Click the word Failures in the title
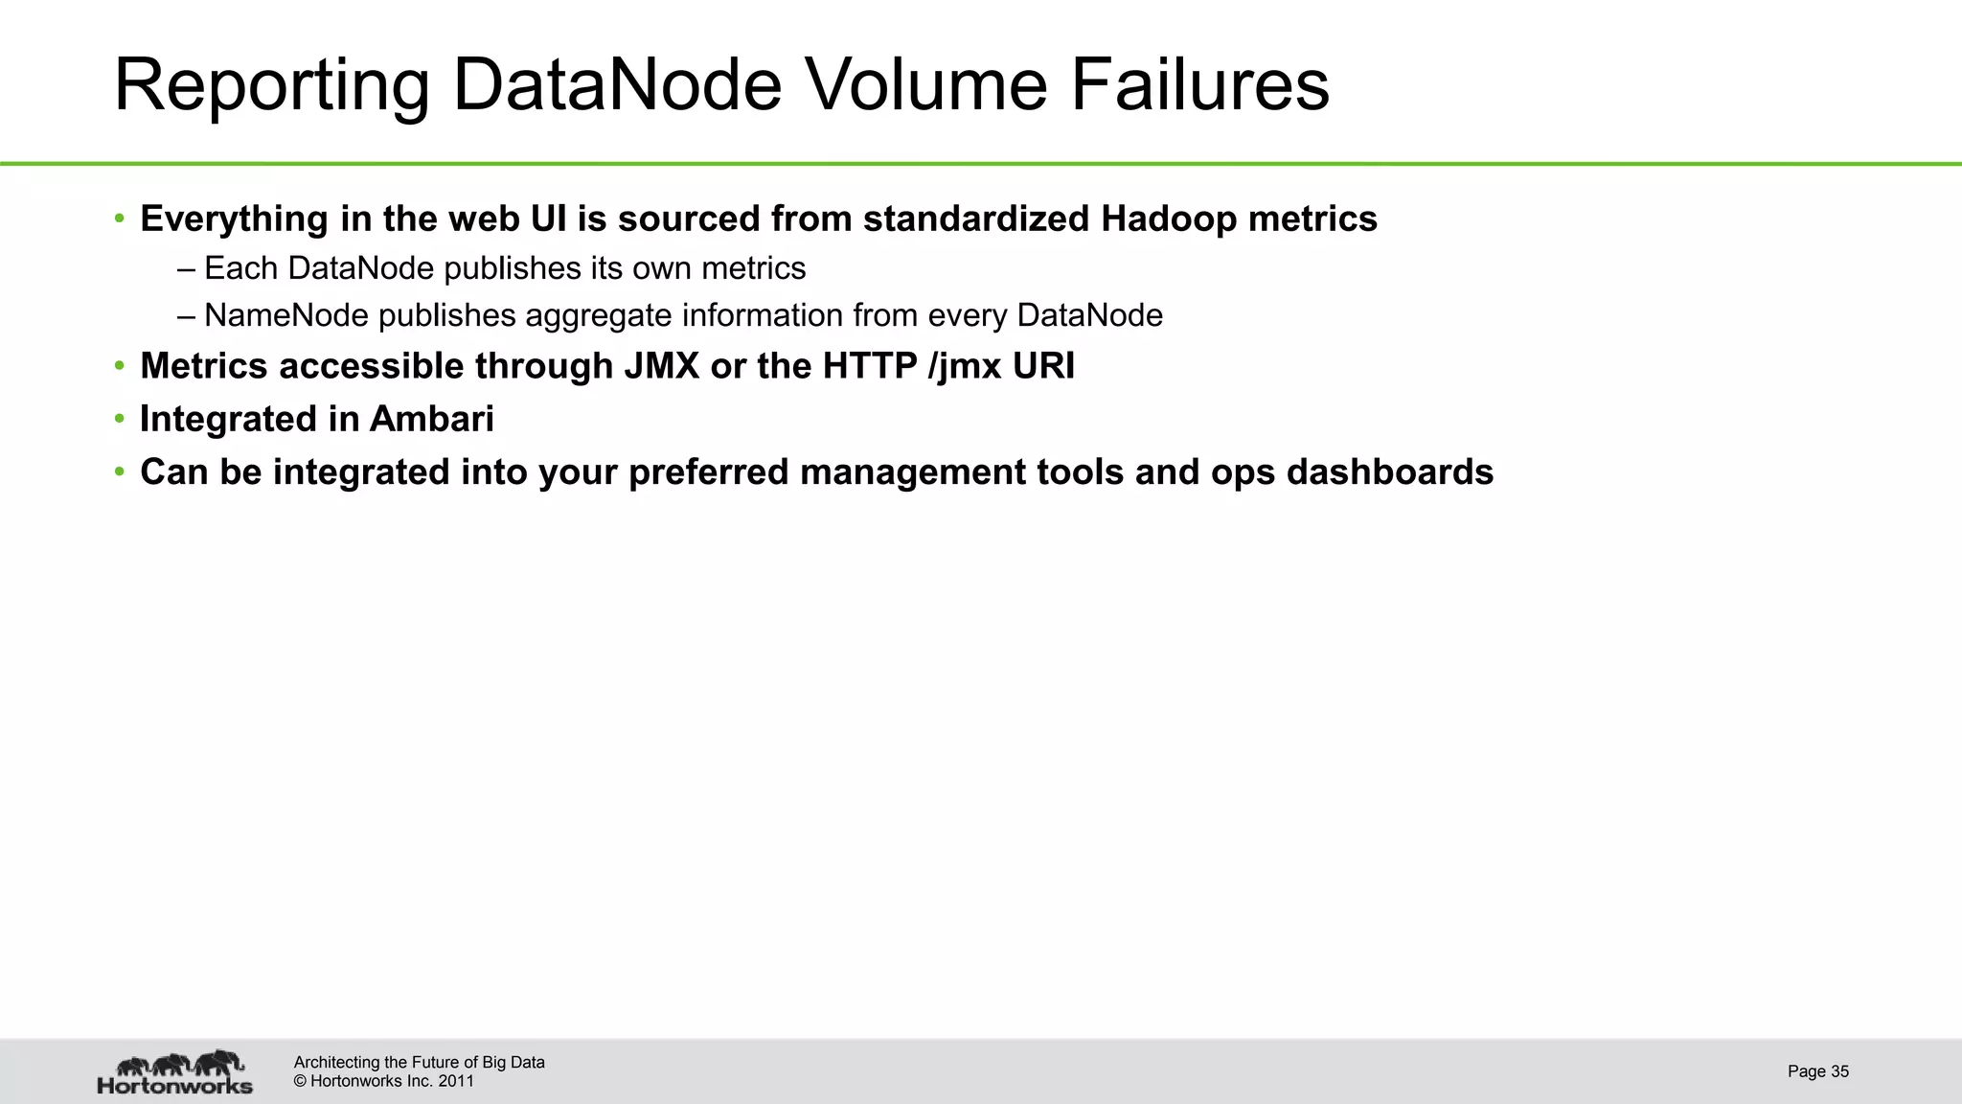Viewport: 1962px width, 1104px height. coord(1199,84)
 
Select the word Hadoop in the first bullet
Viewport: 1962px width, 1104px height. coord(1169,219)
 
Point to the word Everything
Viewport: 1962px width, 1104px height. coord(234,219)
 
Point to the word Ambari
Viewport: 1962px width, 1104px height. coord(432,419)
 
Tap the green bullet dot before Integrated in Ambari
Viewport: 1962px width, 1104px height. coord(120,419)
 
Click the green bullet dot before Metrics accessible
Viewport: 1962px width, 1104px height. coord(120,366)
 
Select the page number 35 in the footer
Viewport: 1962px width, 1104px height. coord(1839,1071)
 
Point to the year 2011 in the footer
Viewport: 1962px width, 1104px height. coord(456,1082)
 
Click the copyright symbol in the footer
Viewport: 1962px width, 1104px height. coord(300,1082)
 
